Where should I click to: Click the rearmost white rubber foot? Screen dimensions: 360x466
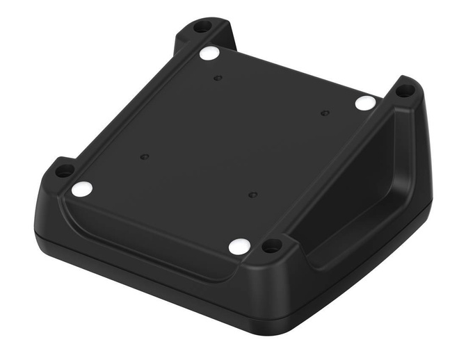tap(209, 53)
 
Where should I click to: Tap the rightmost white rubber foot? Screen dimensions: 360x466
tap(365, 104)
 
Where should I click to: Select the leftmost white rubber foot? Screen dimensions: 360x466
tap(81, 188)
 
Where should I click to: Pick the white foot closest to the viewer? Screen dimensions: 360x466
tap(239, 245)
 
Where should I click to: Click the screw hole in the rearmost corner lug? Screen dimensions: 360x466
tap(202, 27)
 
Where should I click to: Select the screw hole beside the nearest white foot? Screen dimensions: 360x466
tap(272, 245)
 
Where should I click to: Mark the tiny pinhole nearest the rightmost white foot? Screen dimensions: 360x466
tap(324, 113)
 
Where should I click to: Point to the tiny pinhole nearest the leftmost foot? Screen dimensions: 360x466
tap(144, 157)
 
